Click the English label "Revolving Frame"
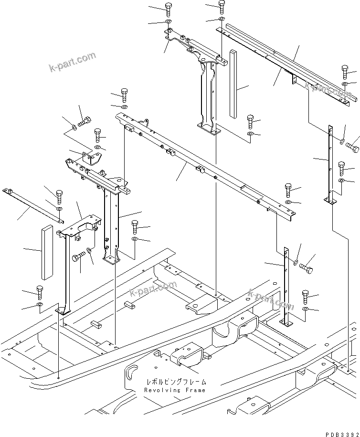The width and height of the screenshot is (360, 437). click(175, 390)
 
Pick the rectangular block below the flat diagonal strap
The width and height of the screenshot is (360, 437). click(46, 252)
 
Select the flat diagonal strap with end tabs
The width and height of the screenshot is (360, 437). click(32, 205)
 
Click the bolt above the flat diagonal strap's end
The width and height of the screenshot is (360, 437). click(59, 196)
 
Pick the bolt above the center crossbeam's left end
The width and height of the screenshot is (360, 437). click(124, 93)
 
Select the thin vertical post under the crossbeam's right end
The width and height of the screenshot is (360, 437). click(287, 287)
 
